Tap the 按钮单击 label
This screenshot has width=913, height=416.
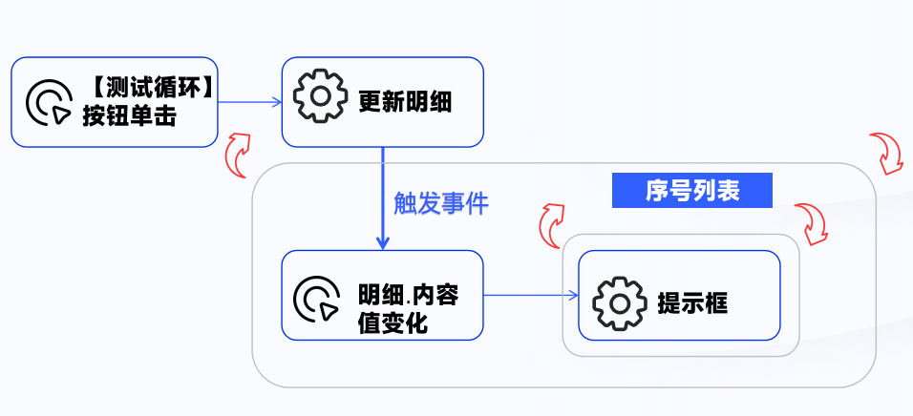tap(129, 116)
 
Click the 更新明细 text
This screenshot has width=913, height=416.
tap(405, 101)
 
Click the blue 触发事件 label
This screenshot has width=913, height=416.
tap(440, 203)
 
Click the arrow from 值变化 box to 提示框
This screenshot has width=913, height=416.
tap(531, 295)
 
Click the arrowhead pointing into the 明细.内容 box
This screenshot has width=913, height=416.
tap(382, 243)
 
